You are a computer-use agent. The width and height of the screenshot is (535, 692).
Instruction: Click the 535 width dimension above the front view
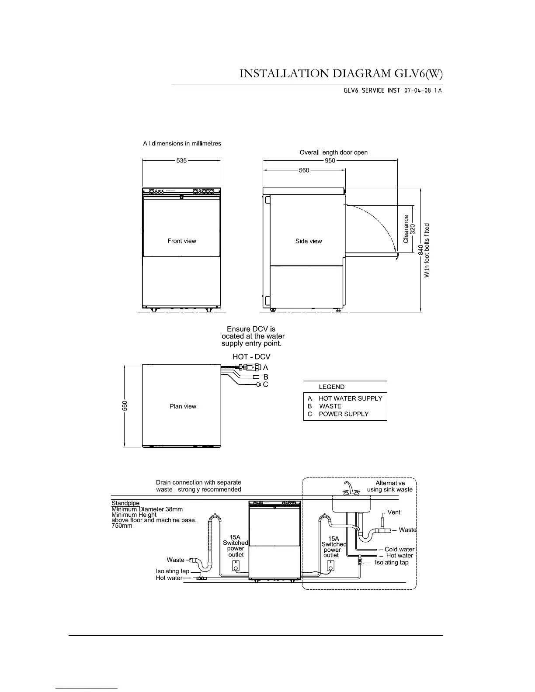click(x=181, y=160)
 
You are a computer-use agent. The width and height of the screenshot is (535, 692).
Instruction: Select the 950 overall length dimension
click(x=330, y=160)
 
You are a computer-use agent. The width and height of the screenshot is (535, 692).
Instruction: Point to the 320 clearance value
click(x=412, y=229)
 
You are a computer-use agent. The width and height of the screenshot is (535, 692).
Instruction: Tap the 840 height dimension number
click(x=420, y=249)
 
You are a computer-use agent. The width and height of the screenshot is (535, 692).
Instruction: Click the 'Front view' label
click(x=182, y=241)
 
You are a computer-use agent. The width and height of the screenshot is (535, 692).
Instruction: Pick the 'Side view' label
click(x=309, y=241)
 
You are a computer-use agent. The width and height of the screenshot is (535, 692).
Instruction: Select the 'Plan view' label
click(x=183, y=406)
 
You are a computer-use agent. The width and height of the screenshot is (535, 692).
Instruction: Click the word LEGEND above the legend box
click(x=331, y=387)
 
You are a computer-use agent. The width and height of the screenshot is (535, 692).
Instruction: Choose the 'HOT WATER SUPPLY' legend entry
click(x=350, y=398)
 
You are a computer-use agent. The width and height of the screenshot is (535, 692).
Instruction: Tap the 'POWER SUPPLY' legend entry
click(x=344, y=414)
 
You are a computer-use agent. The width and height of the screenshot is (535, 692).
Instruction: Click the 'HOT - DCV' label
click(x=251, y=356)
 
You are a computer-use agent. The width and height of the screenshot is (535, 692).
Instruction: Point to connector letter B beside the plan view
click(x=266, y=377)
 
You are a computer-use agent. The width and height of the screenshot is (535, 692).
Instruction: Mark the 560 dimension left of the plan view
click(x=125, y=406)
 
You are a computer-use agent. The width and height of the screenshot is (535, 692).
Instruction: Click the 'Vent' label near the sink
click(x=394, y=512)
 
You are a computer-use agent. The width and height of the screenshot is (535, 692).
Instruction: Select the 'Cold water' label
click(x=400, y=549)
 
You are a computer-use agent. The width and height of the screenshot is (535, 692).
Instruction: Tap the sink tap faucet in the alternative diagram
click(x=349, y=488)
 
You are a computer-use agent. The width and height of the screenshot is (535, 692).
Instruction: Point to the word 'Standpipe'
click(x=125, y=503)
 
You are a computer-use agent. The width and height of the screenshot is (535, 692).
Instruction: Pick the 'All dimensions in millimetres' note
click(x=182, y=143)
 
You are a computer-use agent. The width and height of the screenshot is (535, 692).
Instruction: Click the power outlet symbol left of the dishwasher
click(x=236, y=566)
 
